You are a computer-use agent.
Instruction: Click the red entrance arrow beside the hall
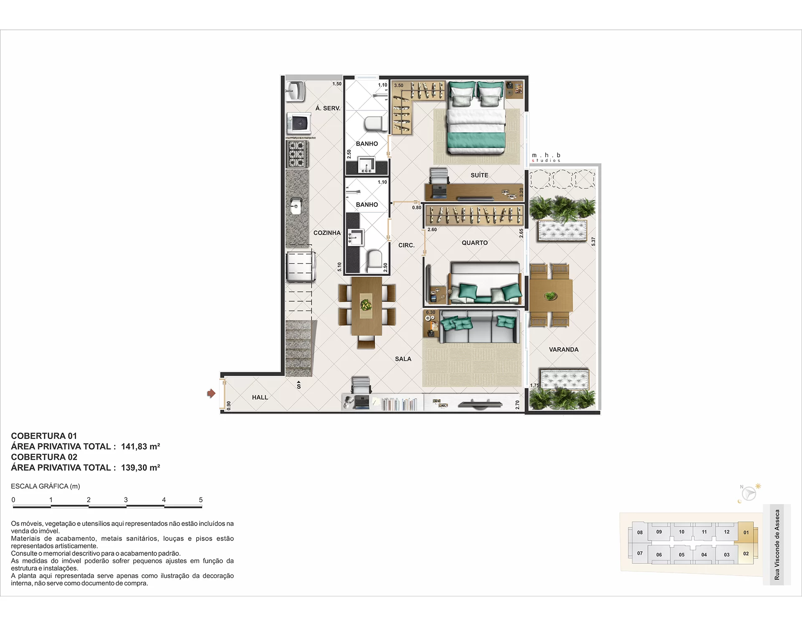pos(211,393)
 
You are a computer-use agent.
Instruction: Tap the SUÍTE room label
pos(479,175)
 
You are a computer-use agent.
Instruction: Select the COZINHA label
pos(327,233)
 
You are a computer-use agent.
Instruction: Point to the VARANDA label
pos(563,350)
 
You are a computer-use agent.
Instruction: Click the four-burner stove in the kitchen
pos(297,154)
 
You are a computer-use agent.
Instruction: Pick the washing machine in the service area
pos(299,124)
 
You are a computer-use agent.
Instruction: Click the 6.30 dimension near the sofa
pos(431,312)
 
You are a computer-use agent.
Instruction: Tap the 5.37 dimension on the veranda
pos(593,241)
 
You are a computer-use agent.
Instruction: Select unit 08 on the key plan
pos(640,532)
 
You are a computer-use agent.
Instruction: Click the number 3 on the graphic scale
pos(126,500)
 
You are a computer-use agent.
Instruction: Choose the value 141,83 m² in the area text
pos(140,447)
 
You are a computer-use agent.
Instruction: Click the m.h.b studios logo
pos(546,157)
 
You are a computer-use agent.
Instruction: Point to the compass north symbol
pos(748,493)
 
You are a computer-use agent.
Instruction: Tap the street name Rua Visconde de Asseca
pos(777,545)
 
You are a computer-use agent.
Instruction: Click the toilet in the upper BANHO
pos(374,123)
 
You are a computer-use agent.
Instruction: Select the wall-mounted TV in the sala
pos(480,404)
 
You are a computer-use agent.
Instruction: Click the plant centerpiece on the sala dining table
pos(366,305)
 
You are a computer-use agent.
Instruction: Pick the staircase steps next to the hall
pos(299,348)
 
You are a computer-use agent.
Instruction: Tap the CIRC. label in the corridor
pos(406,245)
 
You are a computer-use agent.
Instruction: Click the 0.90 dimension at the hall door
pos(228,405)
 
